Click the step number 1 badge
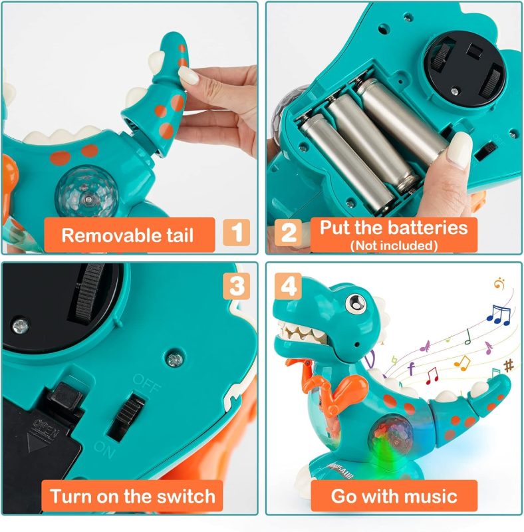[x=236, y=232]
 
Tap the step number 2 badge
[x=288, y=232]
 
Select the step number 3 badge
[x=237, y=286]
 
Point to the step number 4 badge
[x=288, y=286]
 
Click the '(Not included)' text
[x=394, y=245]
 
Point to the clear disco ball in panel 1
[x=87, y=196]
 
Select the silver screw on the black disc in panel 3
[x=21, y=327]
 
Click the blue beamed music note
[x=499, y=315]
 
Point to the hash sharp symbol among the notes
[x=509, y=366]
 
